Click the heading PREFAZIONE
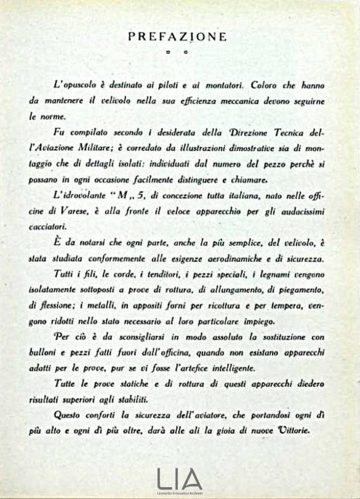[x=177, y=37]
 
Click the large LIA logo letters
[x=180, y=478]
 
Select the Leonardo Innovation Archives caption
[x=180, y=492]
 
